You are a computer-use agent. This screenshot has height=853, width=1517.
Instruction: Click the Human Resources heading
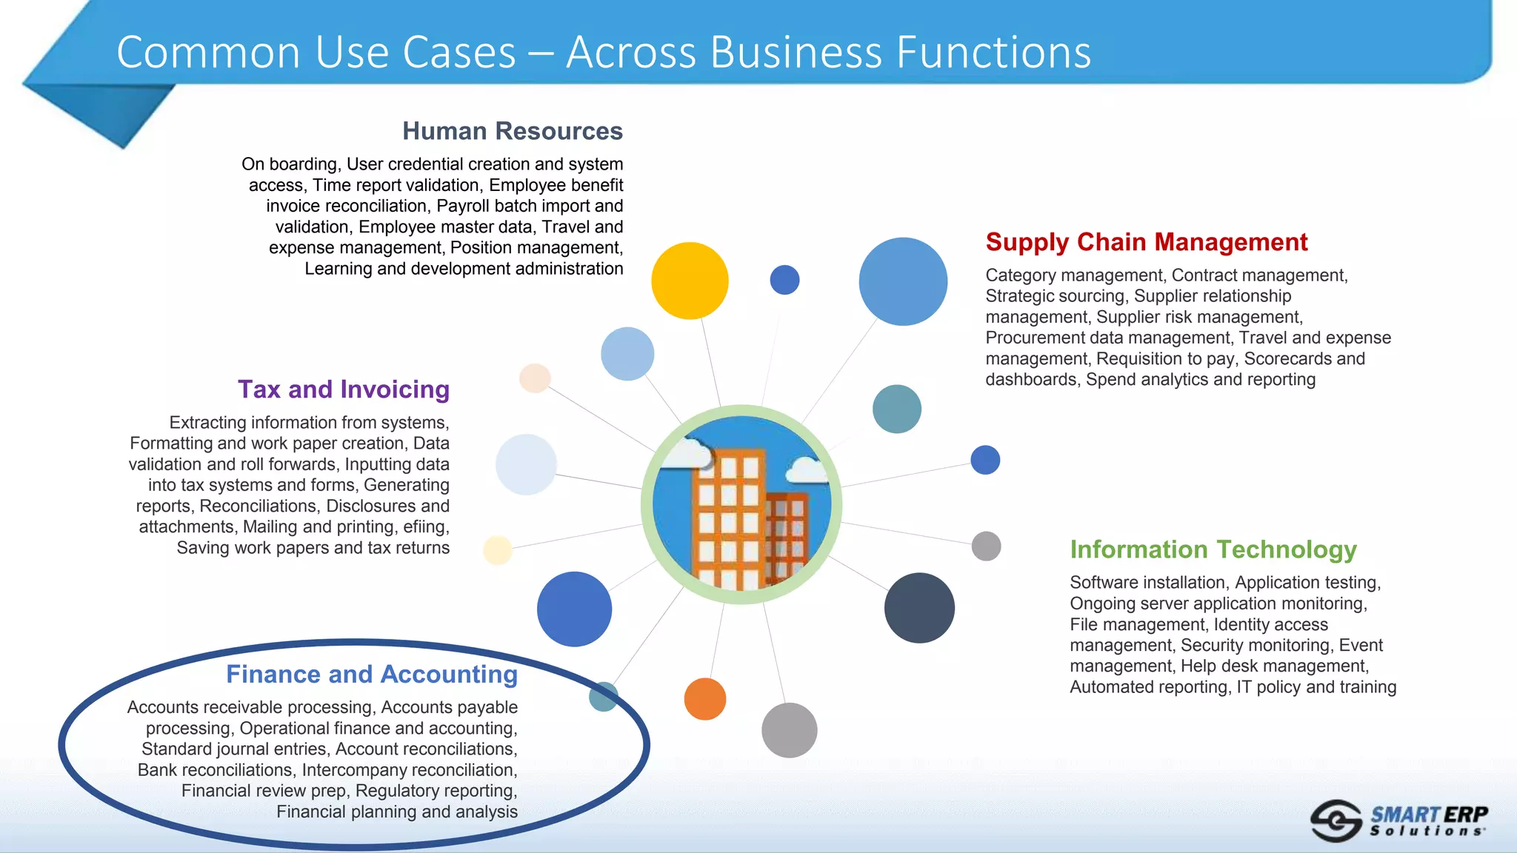coord(512,131)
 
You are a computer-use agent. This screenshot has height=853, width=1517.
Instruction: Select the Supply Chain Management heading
coord(1146,242)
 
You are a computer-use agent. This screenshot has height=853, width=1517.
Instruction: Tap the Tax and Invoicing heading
coord(343,389)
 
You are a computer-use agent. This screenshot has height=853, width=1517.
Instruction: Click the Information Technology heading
coord(1213,549)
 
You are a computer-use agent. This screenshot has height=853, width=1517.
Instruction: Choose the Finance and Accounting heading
coord(371,675)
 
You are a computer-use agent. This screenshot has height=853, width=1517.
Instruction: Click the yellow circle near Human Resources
coord(689,281)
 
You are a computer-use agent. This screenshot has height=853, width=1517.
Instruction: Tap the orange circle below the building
coord(704,699)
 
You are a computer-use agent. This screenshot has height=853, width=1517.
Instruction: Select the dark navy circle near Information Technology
coord(918,608)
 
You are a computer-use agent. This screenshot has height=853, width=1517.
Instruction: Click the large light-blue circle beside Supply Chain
coord(902,281)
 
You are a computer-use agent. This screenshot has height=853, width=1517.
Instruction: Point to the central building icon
coord(741,504)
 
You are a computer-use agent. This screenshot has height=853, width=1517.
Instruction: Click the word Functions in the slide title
coord(993,53)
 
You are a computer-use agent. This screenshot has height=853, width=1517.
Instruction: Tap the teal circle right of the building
coord(896,409)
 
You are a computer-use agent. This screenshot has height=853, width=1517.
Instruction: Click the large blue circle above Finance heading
coord(574,609)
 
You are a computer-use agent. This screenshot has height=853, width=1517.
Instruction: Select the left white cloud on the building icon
coord(685,453)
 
